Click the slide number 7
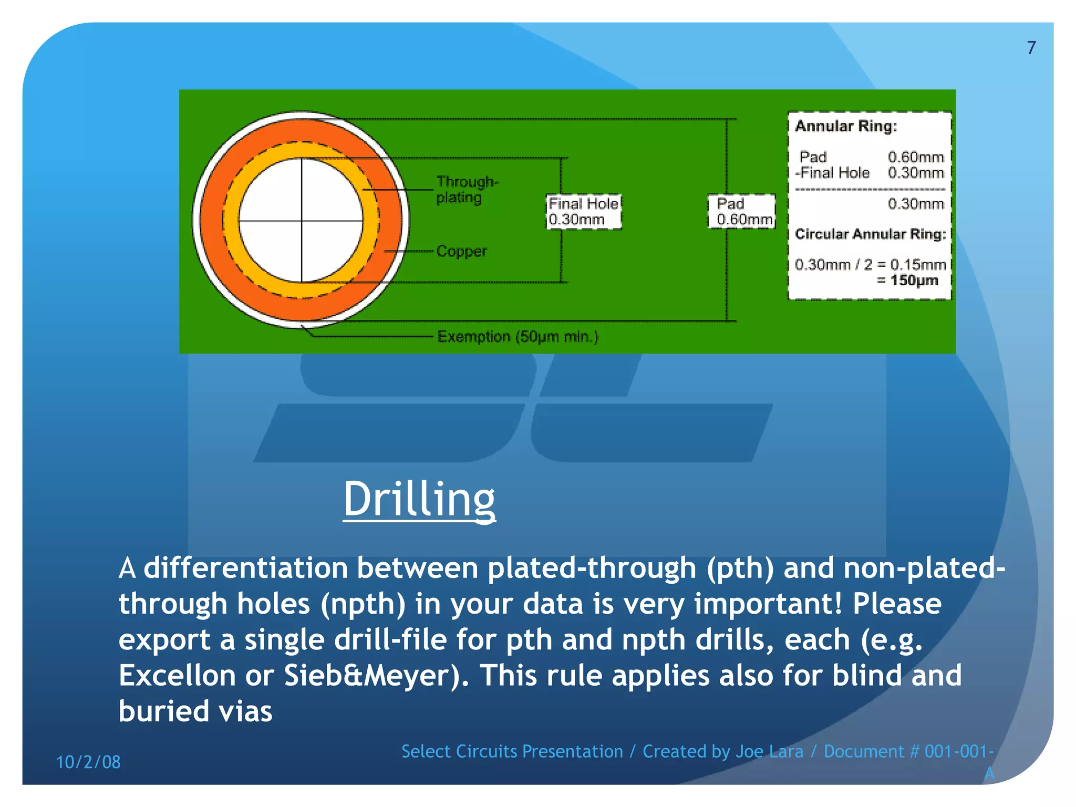pos(1031,48)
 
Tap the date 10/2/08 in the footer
pos(88,762)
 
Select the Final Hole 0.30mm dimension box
pos(583,211)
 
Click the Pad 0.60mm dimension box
pos(741,211)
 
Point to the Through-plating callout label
pos(467,189)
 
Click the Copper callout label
pos(461,251)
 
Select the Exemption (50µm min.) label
pos(518,336)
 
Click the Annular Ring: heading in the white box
pos(845,126)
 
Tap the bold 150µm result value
pos(914,280)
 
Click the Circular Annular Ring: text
pos(870,234)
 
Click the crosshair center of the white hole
pos(302,221)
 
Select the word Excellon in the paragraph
pos(177,675)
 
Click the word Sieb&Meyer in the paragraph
pos(371,675)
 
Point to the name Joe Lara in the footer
pos(769,751)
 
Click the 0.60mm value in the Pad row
pos(915,157)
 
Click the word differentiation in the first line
pos(245,568)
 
